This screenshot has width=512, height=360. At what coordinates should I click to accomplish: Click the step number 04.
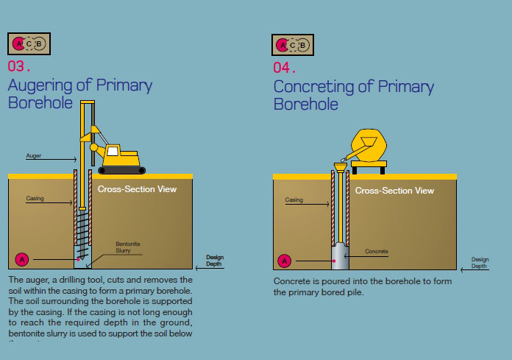(x=284, y=68)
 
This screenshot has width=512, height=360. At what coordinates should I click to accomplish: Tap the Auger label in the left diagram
(x=34, y=156)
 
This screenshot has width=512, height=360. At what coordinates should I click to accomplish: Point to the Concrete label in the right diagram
(x=376, y=252)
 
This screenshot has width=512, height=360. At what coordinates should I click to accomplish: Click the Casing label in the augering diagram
(x=35, y=199)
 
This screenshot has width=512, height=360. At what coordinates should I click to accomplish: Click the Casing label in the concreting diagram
(x=294, y=200)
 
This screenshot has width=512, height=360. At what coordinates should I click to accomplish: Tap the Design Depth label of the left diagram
(x=213, y=261)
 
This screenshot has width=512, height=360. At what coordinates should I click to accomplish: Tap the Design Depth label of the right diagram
(x=480, y=263)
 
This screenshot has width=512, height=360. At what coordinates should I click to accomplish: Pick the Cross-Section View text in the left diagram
(x=137, y=189)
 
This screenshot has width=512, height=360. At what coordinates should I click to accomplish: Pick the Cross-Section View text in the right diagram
(x=394, y=191)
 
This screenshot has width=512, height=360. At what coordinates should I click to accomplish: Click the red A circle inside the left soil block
(x=22, y=259)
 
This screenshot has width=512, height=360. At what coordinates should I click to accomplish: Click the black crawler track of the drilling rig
(x=121, y=171)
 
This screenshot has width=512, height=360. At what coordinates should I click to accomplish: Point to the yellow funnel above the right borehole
(x=340, y=167)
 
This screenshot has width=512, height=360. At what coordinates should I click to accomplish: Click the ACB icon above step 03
(x=29, y=44)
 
